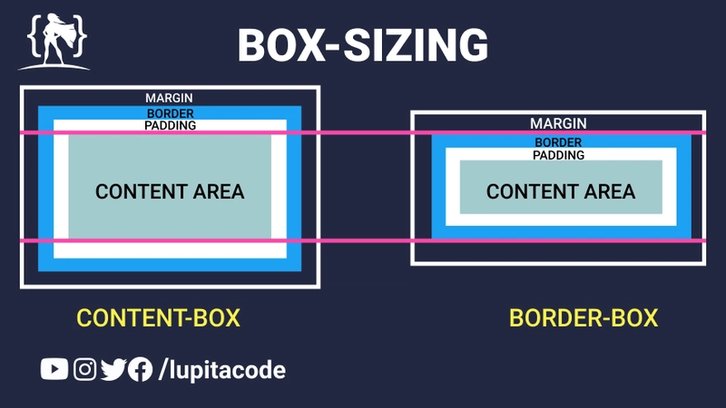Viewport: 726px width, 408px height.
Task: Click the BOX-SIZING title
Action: pyautogui.click(x=363, y=44)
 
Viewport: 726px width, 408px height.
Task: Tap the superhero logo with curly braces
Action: pyautogui.click(x=53, y=41)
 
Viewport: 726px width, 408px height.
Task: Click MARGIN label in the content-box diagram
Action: pyautogui.click(x=170, y=98)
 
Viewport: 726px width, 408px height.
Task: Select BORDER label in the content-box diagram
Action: pyautogui.click(x=170, y=114)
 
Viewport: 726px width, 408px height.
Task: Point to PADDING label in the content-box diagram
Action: pyautogui.click(x=170, y=125)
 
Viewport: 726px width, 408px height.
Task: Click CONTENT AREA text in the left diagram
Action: pyautogui.click(x=170, y=191)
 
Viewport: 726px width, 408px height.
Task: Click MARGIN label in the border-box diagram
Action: pyautogui.click(x=558, y=123)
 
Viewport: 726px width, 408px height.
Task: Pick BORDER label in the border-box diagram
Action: pyautogui.click(x=558, y=143)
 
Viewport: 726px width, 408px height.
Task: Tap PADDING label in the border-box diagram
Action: pyautogui.click(x=558, y=155)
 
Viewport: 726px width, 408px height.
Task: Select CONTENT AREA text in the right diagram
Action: pyautogui.click(x=561, y=191)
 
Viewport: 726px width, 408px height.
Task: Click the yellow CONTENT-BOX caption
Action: pyautogui.click(x=159, y=318)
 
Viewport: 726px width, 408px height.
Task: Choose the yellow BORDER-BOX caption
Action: pyautogui.click(x=584, y=318)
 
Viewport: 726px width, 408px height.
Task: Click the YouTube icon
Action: pyautogui.click(x=54, y=369)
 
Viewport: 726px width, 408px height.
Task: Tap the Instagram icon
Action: pyautogui.click(x=85, y=369)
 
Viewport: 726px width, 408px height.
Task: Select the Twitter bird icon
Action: pyautogui.click(x=113, y=369)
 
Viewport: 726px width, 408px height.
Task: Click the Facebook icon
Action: pyautogui.click(x=140, y=369)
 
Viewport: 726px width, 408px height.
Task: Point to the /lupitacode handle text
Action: pyautogui.click(x=222, y=370)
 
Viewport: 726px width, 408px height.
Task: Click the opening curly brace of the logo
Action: pyautogui.click(x=33, y=37)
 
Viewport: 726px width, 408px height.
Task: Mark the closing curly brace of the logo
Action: pyautogui.click(x=81, y=37)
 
